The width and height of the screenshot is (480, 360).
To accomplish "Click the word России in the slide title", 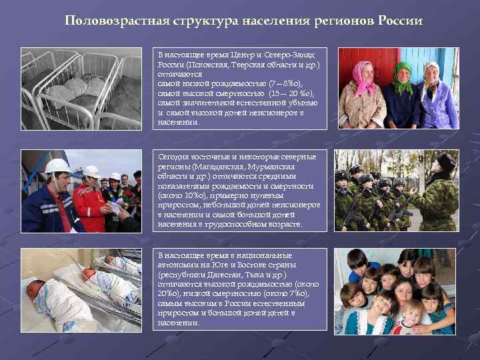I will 400,20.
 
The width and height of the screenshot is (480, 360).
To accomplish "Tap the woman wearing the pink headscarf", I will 361,93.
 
